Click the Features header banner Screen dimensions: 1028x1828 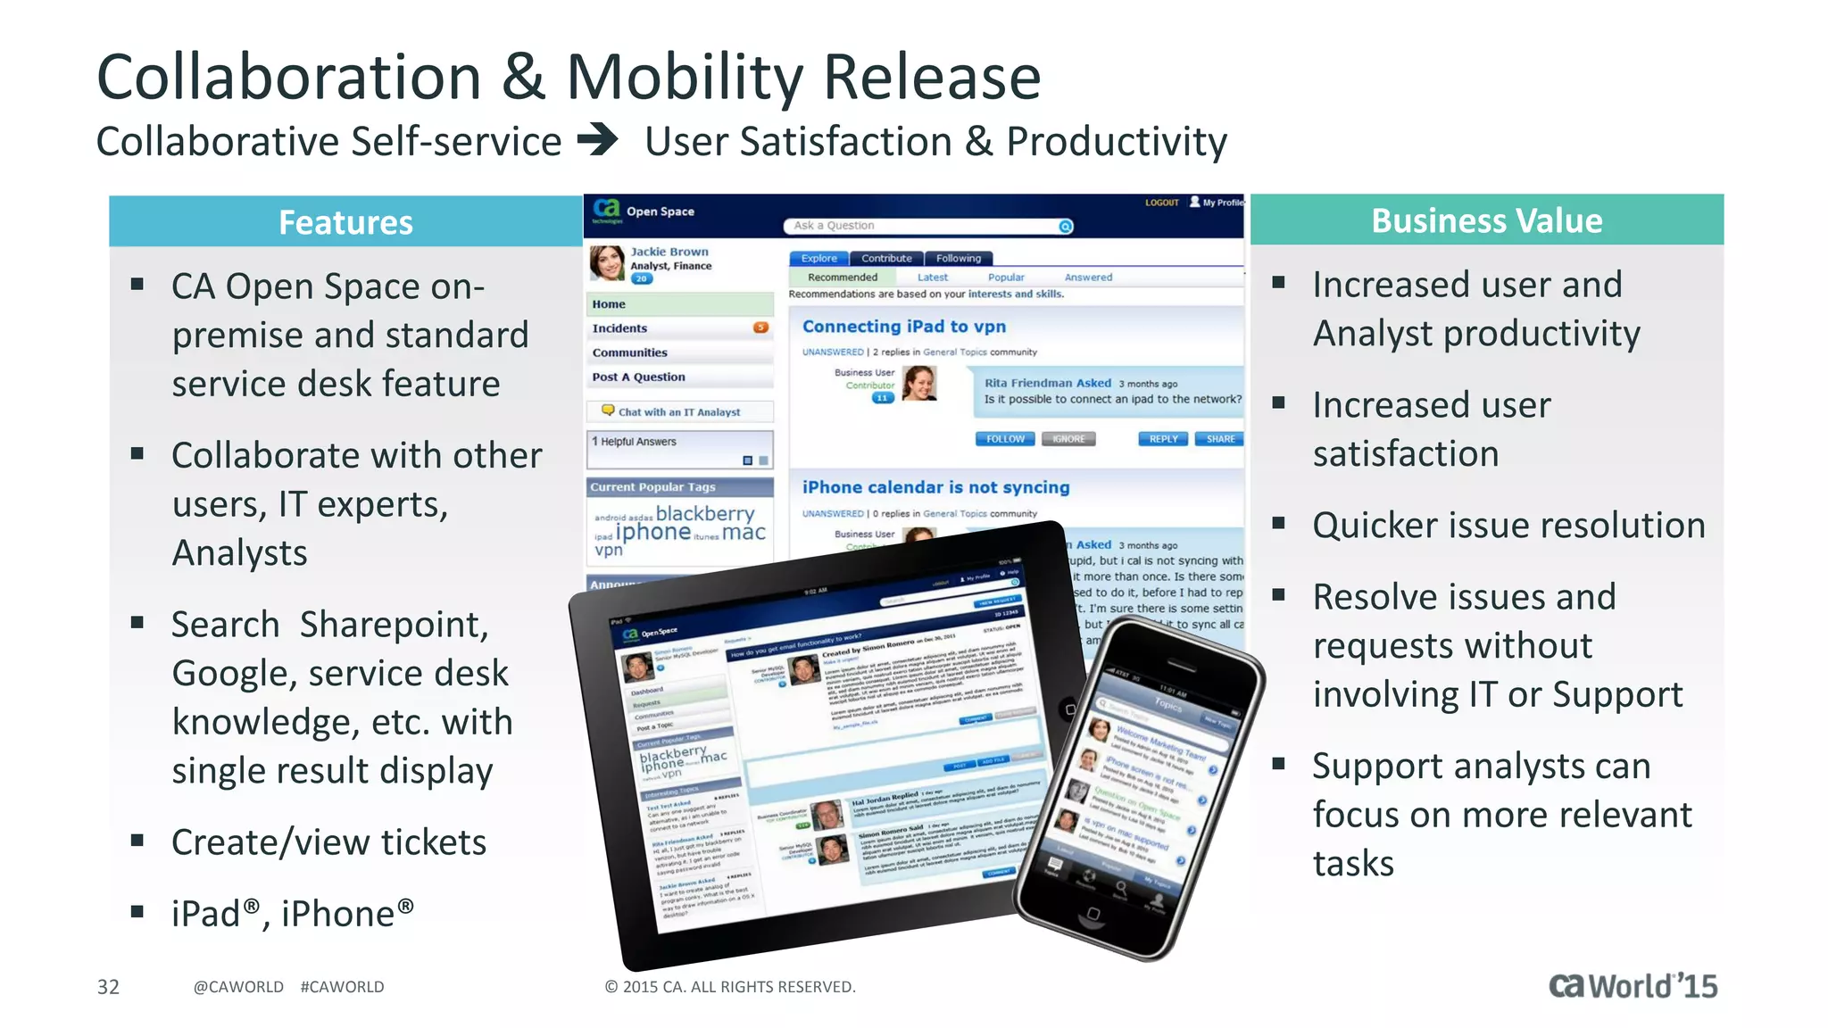click(345, 222)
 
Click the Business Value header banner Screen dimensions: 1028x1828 click(1486, 220)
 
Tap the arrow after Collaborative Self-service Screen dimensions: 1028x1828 click(598, 140)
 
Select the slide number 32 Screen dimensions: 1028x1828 click(108, 986)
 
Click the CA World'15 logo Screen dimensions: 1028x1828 click(1633, 985)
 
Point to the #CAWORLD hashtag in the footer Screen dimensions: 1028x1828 click(342, 986)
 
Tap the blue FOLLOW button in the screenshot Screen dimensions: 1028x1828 click(1005, 439)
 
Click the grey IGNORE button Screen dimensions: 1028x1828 click(1068, 439)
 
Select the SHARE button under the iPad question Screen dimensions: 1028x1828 click(1220, 439)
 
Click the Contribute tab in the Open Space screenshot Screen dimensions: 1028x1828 click(886, 258)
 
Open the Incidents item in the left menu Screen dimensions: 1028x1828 click(620, 328)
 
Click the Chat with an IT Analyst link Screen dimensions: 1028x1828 click(678, 412)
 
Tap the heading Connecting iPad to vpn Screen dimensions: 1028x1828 click(903, 327)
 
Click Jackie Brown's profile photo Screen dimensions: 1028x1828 click(607, 263)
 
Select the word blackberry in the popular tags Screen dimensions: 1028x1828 click(705, 513)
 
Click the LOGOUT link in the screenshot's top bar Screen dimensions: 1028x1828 click(1161, 203)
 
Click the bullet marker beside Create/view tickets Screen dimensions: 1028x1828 click(137, 840)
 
